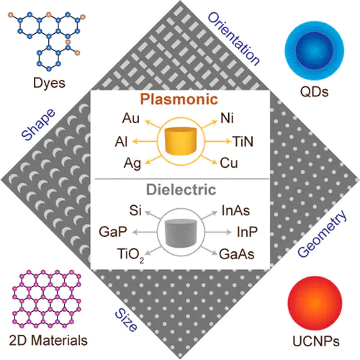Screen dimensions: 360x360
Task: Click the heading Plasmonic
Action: coord(179,99)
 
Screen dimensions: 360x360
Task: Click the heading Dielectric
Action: coord(181,189)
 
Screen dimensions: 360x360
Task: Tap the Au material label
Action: coord(130,118)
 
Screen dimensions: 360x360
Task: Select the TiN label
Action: coord(243,141)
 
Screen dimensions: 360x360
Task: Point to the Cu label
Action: coord(229,163)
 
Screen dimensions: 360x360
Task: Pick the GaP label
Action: coord(113,232)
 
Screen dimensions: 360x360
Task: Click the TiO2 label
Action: coord(131,255)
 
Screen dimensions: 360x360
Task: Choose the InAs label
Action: coord(235,210)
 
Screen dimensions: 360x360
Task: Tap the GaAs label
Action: coord(237,254)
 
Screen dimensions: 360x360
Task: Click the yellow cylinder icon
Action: coord(181,141)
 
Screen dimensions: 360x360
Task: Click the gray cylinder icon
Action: coord(181,233)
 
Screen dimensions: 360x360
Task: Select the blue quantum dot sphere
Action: coord(315,50)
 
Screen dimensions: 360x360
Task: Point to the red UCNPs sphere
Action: coord(315,303)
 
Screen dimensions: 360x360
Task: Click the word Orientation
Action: coord(233,39)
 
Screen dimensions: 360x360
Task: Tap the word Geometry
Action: coord(322,233)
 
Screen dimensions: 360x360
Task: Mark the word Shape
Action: coord(38,125)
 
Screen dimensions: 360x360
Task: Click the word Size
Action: coord(126,320)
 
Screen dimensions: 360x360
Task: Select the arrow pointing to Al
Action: coord(145,141)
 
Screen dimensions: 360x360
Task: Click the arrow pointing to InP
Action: coord(218,232)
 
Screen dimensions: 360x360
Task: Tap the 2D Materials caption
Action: coord(48,341)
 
